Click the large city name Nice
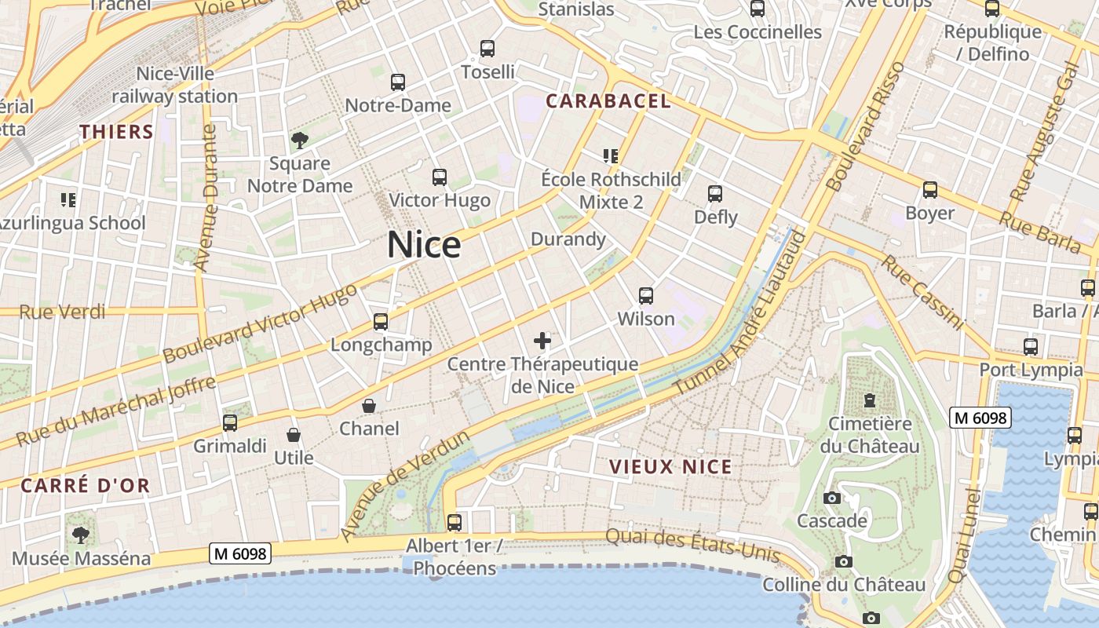click(424, 245)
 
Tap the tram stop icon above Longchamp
click(381, 321)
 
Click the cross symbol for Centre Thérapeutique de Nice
click(542, 341)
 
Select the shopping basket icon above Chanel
click(368, 406)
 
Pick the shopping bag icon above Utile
click(294, 435)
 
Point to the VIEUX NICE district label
click(670, 467)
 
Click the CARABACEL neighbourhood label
click(608, 101)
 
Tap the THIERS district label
click(116, 132)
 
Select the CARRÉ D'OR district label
click(85, 486)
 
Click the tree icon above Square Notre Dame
click(299, 141)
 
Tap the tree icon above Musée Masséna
click(80, 535)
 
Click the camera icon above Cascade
click(832, 498)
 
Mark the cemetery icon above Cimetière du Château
click(869, 400)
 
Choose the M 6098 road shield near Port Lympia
click(980, 418)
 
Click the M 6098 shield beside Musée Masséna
click(241, 553)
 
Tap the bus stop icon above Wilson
click(646, 296)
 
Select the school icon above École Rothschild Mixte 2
click(611, 156)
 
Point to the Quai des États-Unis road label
click(693, 544)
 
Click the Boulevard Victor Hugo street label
click(260, 323)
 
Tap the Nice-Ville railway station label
click(175, 85)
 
